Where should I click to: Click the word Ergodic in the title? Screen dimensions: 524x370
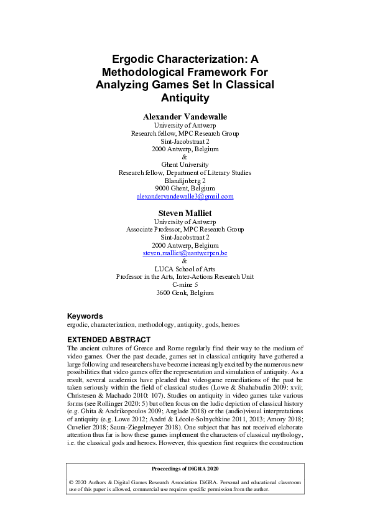point(137,60)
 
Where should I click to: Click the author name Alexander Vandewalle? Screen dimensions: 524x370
point(185,116)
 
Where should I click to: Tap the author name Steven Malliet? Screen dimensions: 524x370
point(185,213)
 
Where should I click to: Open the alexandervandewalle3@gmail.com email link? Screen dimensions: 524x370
point(185,196)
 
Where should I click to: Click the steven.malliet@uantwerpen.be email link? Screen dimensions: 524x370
point(185,253)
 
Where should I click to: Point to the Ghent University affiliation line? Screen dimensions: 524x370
point(185,164)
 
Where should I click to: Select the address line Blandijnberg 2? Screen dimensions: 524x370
point(185,180)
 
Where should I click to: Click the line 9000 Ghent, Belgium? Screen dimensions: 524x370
point(185,188)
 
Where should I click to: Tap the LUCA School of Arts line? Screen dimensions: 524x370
point(185,269)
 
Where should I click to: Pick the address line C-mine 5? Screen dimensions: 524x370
point(185,284)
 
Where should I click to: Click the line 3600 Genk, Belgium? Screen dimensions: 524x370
point(185,292)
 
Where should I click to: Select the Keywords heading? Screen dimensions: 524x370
point(85,316)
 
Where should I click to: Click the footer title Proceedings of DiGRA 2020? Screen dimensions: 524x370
point(185,468)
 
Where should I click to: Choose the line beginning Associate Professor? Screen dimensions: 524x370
point(185,229)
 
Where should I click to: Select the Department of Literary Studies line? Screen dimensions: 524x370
point(185,172)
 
